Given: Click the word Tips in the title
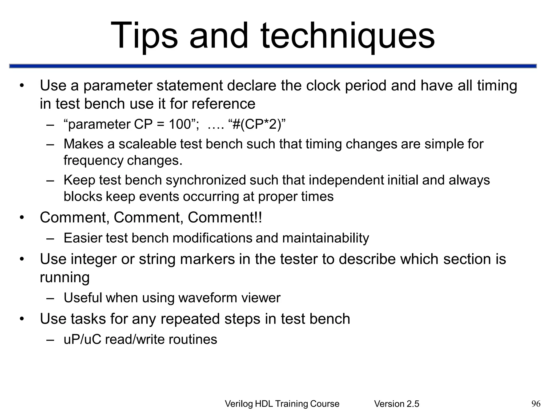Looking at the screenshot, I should pos(144,36).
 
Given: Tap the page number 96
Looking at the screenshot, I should pos(536,404).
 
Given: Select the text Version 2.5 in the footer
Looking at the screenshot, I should pos(396,404).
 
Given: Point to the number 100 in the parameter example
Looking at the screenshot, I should pos(180,124).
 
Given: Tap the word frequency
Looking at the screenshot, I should pos(93,161).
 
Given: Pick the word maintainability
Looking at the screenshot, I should pos(326,238).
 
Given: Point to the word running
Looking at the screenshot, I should pos(65,278).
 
